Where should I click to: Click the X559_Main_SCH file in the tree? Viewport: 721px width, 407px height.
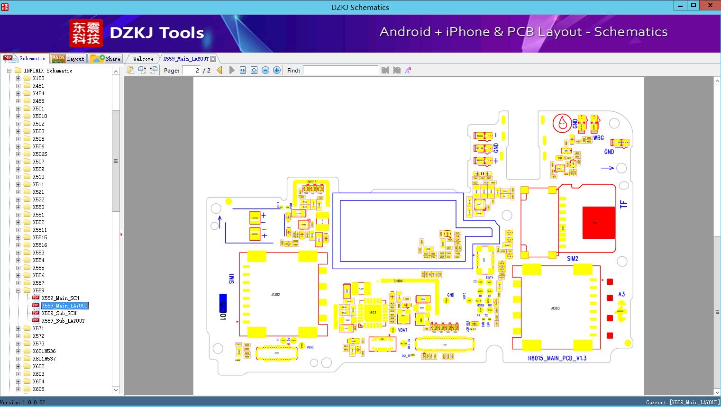click(60, 298)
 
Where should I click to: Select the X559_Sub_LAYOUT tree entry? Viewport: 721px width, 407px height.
click(63, 321)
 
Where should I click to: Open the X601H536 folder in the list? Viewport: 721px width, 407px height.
click(44, 351)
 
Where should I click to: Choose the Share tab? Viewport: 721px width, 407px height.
click(106, 59)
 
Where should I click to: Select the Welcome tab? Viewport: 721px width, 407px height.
click(143, 59)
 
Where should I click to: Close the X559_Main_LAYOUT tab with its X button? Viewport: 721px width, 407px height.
click(213, 59)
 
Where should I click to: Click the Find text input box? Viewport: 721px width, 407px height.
click(340, 70)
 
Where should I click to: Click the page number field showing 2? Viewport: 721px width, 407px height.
click(192, 70)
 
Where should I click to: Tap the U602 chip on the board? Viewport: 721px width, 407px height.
click(373, 313)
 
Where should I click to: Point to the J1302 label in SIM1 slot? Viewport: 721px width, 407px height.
click(275, 295)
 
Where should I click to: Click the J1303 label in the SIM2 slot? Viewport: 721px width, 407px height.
click(555, 308)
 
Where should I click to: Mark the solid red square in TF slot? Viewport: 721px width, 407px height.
click(595, 222)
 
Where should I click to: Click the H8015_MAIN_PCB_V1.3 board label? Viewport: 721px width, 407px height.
click(557, 358)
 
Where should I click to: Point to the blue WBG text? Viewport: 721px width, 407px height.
click(599, 138)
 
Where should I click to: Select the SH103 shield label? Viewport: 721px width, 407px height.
click(311, 182)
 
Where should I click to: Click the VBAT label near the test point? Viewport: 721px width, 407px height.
click(402, 330)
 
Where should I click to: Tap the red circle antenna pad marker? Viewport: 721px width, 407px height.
click(562, 124)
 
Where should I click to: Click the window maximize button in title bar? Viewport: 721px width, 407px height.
click(694, 6)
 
